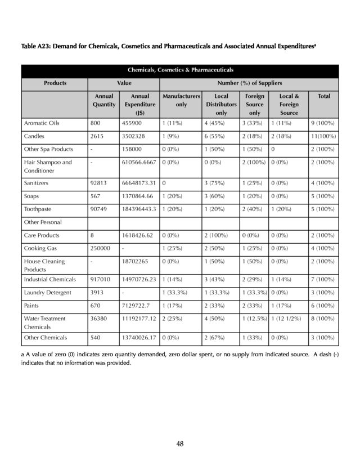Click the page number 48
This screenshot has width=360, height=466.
click(x=180, y=443)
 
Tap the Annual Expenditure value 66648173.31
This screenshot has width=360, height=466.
click(x=137, y=183)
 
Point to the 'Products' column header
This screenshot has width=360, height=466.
click(x=55, y=83)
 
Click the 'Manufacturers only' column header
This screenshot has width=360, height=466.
click(x=181, y=100)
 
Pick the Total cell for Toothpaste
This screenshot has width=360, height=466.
click(x=322, y=210)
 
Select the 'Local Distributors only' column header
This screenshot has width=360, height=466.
click(x=222, y=104)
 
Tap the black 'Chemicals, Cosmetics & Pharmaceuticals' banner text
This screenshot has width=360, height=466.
click(x=180, y=70)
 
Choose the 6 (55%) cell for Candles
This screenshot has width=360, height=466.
click(x=214, y=136)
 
